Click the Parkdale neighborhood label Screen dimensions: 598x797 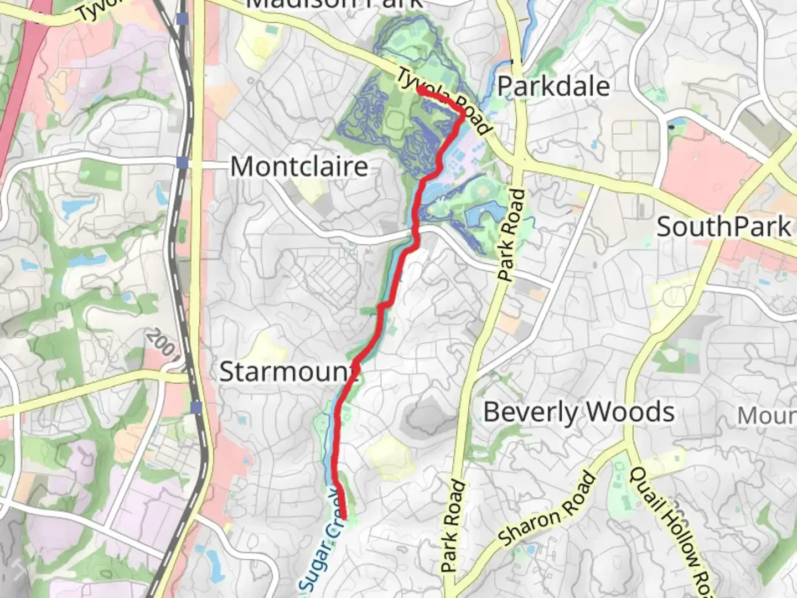553,86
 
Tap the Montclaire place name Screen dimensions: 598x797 299,166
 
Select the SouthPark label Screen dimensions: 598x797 723,227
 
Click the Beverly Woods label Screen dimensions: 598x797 579,413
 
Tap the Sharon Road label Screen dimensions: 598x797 547,510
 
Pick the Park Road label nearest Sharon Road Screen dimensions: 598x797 453,526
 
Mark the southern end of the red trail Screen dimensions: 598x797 344,517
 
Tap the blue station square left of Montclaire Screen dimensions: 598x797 182,162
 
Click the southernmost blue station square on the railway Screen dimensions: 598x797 196,408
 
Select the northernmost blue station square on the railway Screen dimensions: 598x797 182,19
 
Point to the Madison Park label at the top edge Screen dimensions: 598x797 334,4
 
